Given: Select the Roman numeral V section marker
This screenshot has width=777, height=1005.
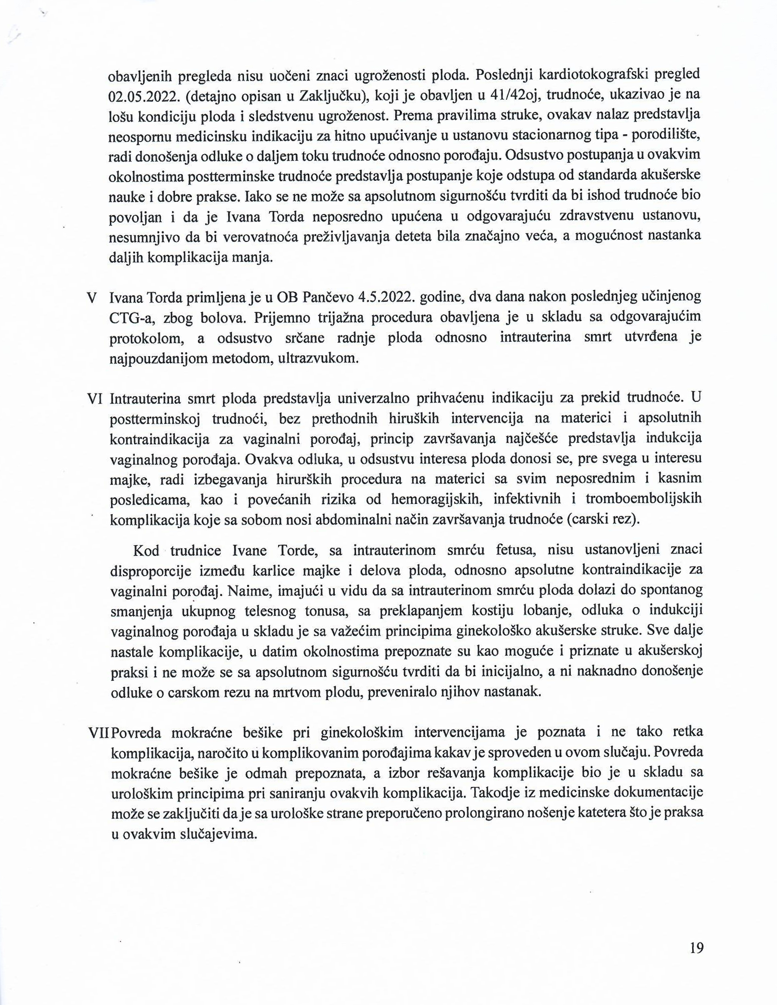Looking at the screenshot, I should (x=91, y=297).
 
